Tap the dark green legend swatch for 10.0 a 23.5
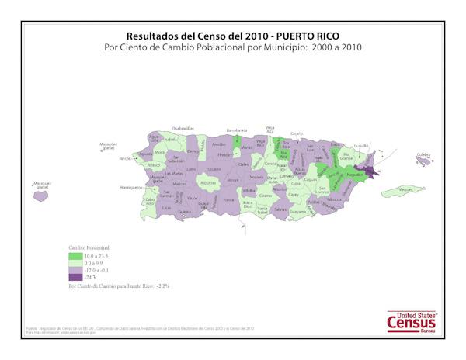tap(76, 255)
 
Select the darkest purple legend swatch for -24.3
tap(76, 276)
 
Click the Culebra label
tap(423, 155)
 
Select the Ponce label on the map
tap(228, 199)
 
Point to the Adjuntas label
tap(207, 182)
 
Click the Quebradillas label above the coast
tap(183, 127)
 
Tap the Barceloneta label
tap(236, 130)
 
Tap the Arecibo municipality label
tap(219, 144)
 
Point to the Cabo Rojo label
tap(151, 202)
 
